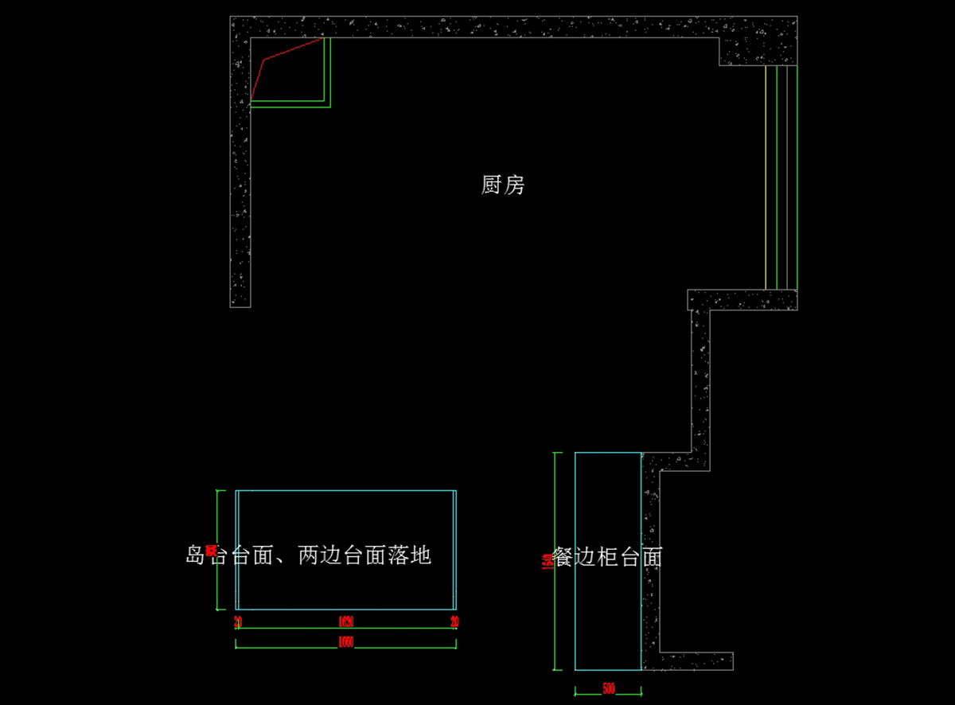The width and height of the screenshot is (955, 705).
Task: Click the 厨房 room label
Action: click(503, 185)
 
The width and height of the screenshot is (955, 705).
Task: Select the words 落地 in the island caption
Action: click(410, 555)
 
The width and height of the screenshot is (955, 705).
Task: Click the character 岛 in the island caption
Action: click(196, 555)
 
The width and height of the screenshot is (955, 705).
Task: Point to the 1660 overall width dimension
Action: click(345, 642)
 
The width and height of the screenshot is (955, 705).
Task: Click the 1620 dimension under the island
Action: click(345, 621)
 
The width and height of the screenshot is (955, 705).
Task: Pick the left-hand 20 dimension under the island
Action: click(238, 621)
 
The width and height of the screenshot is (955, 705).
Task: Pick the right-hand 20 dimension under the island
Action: click(454, 621)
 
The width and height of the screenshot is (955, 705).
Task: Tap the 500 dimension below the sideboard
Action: click(608, 689)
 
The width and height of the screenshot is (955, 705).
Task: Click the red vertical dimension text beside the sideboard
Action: click(544, 561)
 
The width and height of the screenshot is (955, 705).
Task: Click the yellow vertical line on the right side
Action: click(766, 175)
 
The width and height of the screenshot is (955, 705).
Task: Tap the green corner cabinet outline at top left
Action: click(328, 76)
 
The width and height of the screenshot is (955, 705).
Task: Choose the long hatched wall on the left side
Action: click(240, 199)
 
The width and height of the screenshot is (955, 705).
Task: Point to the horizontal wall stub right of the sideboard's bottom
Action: click(692, 660)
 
